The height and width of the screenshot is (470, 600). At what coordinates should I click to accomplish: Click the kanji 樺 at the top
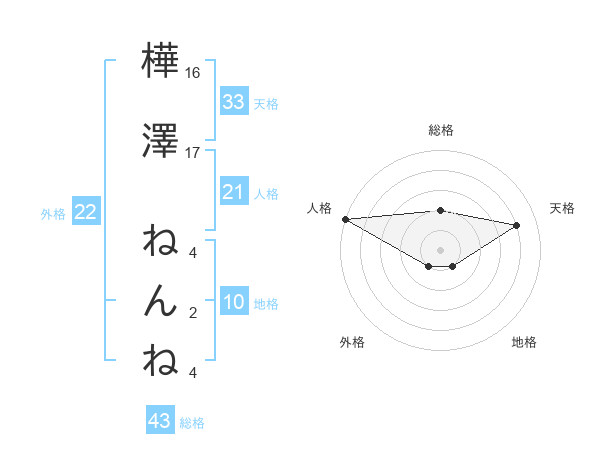pyautogui.click(x=160, y=62)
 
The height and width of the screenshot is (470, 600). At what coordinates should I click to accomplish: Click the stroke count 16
pyautogui.click(x=193, y=73)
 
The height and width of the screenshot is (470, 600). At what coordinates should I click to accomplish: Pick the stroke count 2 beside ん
pyautogui.click(x=193, y=313)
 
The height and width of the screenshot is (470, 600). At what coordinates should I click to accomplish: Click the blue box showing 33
pyautogui.click(x=234, y=102)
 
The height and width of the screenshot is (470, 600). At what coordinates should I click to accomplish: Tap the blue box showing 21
pyautogui.click(x=234, y=192)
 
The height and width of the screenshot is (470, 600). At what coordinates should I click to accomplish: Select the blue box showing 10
pyautogui.click(x=234, y=303)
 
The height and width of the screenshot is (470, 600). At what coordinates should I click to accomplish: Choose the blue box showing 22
pyautogui.click(x=85, y=212)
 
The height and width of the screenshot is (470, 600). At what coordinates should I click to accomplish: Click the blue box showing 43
pyautogui.click(x=160, y=421)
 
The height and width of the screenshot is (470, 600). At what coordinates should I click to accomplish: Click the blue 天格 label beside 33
pyautogui.click(x=266, y=103)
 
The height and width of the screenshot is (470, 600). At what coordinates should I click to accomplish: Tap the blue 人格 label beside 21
pyautogui.click(x=266, y=193)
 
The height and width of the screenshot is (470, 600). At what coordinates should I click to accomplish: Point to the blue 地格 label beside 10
pyautogui.click(x=266, y=304)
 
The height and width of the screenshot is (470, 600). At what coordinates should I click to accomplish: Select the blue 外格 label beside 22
pyautogui.click(x=53, y=213)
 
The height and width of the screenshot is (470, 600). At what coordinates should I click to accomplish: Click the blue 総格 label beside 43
pyautogui.click(x=192, y=422)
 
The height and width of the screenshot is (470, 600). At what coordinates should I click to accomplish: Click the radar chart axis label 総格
pyautogui.click(x=440, y=130)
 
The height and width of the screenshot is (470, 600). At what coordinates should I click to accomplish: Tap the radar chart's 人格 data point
pyautogui.click(x=345, y=219)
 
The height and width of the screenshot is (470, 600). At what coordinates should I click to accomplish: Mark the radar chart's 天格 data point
pyautogui.click(x=517, y=225)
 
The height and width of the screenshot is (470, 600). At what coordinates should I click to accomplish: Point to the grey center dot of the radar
pyautogui.click(x=440, y=249)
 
